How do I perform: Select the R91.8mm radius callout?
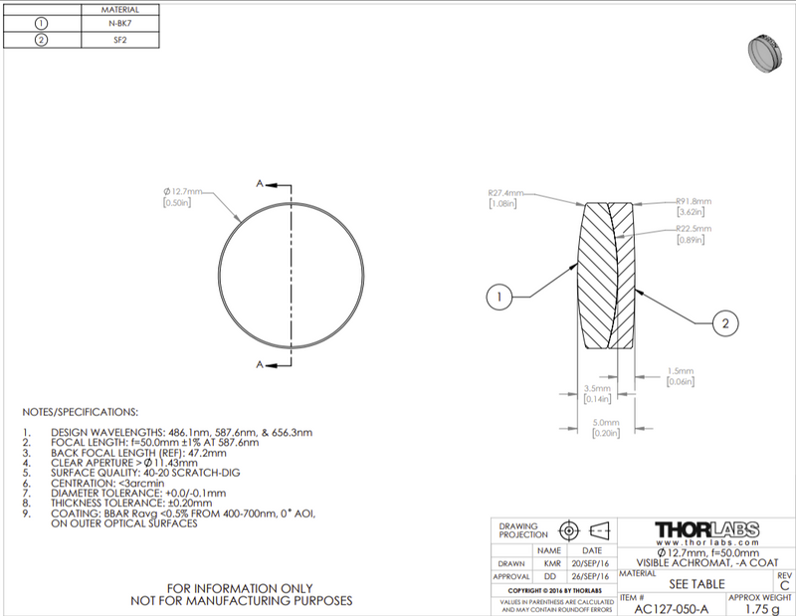(x=696, y=201)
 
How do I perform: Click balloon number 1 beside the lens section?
(x=500, y=296)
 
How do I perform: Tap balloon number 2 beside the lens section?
(x=728, y=323)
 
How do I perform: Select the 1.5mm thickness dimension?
(x=681, y=371)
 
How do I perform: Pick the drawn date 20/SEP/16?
(x=591, y=562)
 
